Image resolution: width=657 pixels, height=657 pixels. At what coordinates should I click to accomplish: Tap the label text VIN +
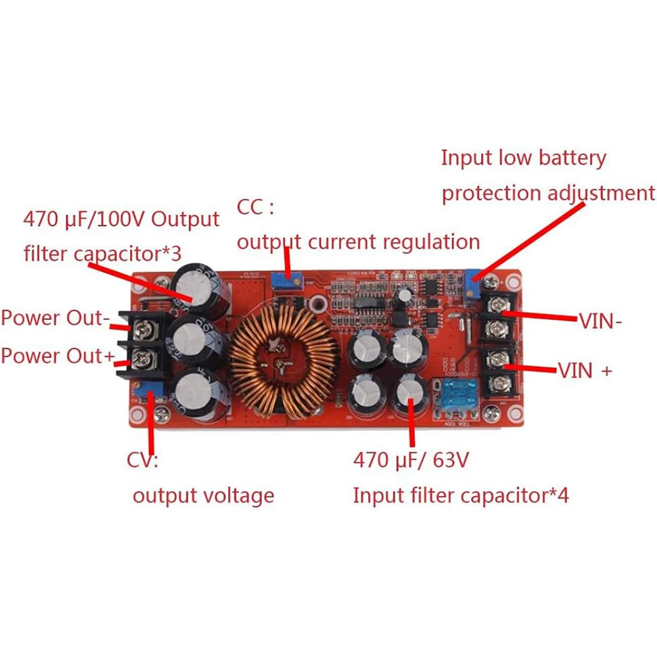585,371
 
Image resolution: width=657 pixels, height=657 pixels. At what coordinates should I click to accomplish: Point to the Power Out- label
55,318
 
